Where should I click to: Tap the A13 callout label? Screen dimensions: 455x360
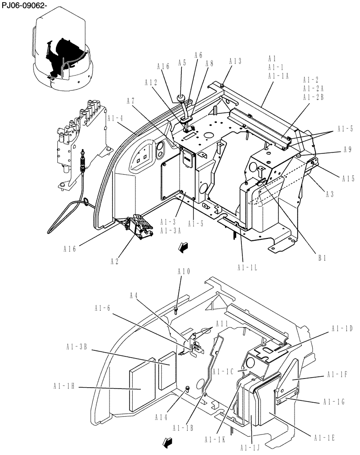pos(235,61)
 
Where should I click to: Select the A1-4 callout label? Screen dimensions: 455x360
pos(116,118)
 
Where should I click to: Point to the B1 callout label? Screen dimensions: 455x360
pos(322,258)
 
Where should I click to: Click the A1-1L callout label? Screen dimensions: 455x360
pos(247,267)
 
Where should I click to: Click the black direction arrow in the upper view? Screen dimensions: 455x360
pos(182,247)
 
